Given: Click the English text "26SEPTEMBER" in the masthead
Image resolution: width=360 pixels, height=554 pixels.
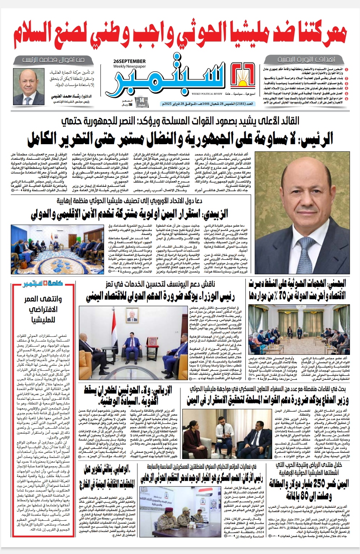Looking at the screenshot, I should (129, 61).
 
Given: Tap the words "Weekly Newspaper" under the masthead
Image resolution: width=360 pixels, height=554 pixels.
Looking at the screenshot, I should (129, 66).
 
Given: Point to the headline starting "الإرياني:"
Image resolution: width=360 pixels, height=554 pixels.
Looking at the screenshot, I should (128, 395).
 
